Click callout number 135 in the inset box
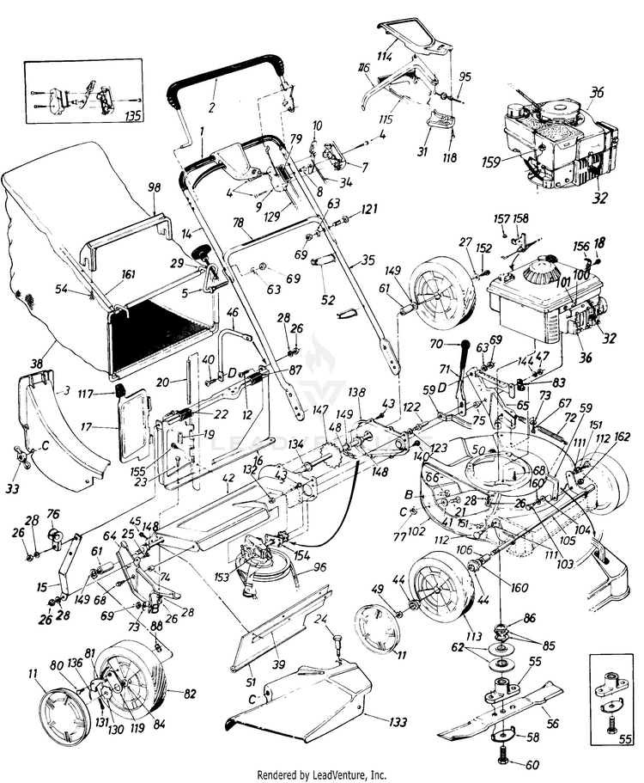(134, 113)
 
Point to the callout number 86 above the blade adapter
(529, 617)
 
